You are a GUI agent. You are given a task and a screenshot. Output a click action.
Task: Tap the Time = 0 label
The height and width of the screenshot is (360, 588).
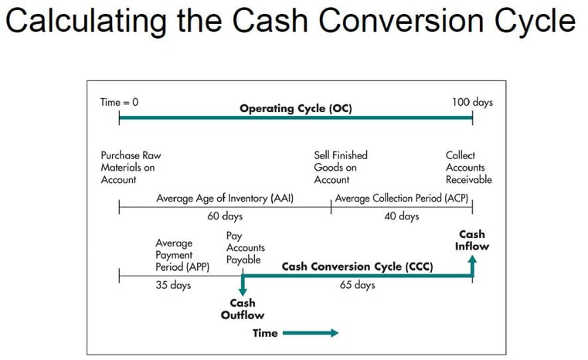[x=119, y=102]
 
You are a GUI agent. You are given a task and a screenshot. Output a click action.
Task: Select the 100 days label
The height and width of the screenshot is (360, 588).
[x=472, y=102]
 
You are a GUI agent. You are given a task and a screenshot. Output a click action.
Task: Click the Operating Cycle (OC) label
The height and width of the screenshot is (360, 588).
[x=295, y=108]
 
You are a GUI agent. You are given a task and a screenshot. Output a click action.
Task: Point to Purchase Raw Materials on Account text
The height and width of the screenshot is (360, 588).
[x=131, y=168]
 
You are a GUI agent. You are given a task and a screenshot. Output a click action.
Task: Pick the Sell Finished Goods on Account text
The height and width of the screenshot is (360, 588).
[x=340, y=168]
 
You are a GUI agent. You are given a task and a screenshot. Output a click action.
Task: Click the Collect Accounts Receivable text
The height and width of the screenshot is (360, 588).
[x=468, y=168]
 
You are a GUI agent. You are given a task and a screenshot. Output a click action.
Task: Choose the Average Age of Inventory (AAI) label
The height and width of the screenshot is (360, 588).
[x=225, y=199]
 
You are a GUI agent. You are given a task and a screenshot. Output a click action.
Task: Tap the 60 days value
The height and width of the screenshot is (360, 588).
[x=225, y=216]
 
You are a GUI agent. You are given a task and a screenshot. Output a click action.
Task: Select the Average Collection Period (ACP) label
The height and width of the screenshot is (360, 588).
[x=402, y=199]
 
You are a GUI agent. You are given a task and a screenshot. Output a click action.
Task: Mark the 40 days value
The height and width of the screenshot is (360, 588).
[x=402, y=216]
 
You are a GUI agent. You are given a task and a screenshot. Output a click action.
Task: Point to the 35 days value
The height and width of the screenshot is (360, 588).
[x=173, y=285]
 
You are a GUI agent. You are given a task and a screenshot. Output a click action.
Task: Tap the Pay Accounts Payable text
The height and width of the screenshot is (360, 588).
[x=245, y=247]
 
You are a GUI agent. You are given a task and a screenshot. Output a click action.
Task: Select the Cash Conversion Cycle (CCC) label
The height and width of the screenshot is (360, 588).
[x=356, y=267]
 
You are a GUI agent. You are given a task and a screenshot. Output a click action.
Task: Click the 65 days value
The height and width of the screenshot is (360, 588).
[x=357, y=285]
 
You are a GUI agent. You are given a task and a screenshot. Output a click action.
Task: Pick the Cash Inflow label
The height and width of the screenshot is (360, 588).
[x=472, y=240]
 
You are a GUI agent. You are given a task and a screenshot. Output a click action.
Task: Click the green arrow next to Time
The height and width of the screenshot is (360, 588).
[x=311, y=333]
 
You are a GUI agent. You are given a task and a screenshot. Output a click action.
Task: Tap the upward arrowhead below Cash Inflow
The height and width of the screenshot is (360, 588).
[x=472, y=262]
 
